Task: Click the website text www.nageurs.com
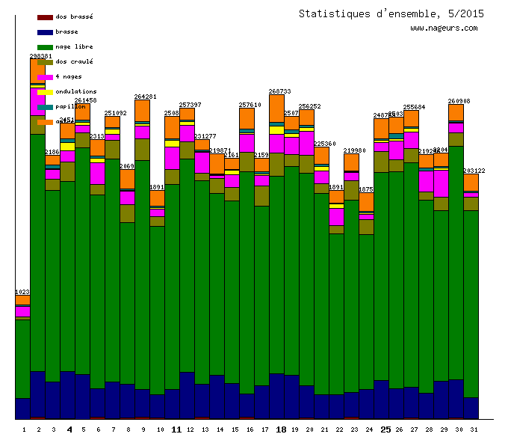click(443, 28)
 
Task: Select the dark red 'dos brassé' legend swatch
click(45, 16)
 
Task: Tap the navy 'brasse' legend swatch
click(45, 32)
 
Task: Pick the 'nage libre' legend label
click(74, 46)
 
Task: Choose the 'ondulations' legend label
click(75, 91)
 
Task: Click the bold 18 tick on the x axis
click(281, 430)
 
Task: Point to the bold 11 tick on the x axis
click(176, 430)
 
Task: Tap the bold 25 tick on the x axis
click(385, 430)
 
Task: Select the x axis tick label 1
click(23, 430)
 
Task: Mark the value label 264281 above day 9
click(145, 97)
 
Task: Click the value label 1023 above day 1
click(22, 292)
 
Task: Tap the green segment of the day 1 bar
click(23, 359)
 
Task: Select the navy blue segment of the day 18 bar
click(276, 397)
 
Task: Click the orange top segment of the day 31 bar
click(471, 183)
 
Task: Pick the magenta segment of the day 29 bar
click(441, 184)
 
